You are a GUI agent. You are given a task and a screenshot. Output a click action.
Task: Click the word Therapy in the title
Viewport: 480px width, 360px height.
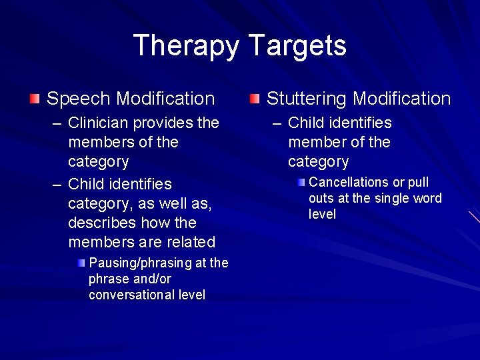point(187,46)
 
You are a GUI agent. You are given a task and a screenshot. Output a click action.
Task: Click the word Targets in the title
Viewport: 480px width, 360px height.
point(297,46)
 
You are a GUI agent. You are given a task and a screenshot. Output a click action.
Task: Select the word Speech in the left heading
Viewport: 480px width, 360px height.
point(79,99)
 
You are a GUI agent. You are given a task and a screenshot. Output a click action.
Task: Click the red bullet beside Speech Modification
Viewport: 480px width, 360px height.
point(34,99)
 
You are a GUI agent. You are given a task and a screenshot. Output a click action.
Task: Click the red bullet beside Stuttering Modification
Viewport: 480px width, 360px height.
point(255,99)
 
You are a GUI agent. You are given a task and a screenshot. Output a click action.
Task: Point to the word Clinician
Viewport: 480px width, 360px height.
point(99,123)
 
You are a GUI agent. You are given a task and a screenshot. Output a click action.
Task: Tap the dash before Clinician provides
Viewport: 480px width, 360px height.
point(57,123)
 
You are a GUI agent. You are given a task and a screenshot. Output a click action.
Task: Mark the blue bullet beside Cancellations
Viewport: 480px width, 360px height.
point(301,183)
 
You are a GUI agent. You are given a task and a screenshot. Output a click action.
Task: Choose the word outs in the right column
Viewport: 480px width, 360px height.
point(321,199)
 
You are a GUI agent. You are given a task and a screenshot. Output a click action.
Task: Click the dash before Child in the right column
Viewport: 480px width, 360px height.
point(277,123)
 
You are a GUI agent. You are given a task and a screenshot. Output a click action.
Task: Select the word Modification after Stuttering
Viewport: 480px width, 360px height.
point(402,99)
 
